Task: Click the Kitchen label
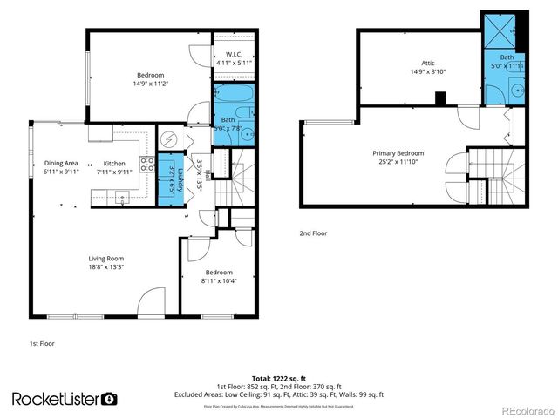pyautogui.click(x=115, y=163)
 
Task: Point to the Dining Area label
pyautogui.click(x=61, y=163)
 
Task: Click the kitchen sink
pyautogui.click(x=124, y=199)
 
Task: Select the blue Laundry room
pyautogui.click(x=171, y=179)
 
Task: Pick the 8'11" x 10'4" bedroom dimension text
pyautogui.click(x=220, y=280)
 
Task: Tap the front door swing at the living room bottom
pyautogui.click(x=151, y=301)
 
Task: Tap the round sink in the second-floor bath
pyautogui.click(x=517, y=89)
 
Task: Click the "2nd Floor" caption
pyautogui.click(x=312, y=234)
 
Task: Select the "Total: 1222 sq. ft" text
pyautogui.click(x=278, y=379)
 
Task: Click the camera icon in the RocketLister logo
pyautogui.click(x=109, y=399)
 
